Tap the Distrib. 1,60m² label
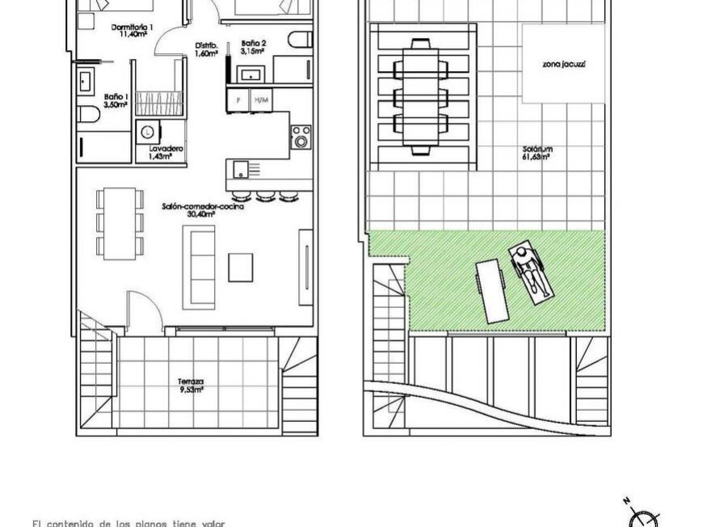207,50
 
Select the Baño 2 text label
253,44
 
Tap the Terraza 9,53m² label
191,385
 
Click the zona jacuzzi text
564,63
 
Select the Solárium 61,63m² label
535,154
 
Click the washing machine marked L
149,132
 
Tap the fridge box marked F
238,100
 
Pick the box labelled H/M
260,100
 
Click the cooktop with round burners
301,136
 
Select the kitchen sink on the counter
242,169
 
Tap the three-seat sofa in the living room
199,263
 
